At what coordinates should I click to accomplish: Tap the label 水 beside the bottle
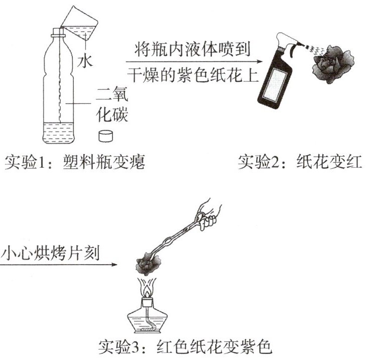(x=85, y=61)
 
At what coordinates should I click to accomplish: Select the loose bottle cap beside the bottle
(x=105, y=136)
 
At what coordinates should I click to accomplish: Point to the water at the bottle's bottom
(x=58, y=133)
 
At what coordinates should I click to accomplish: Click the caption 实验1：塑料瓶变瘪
(x=75, y=162)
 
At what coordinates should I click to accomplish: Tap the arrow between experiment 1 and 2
(x=194, y=62)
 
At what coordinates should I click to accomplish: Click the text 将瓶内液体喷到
(x=192, y=49)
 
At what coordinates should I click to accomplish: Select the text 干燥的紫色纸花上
(x=193, y=75)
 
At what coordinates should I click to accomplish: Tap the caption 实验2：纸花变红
(x=300, y=162)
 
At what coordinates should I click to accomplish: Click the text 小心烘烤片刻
(x=50, y=253)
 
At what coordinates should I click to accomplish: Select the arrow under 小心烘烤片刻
(x=59, y=265)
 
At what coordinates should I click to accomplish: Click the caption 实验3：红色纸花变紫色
(x=185, y=346)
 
